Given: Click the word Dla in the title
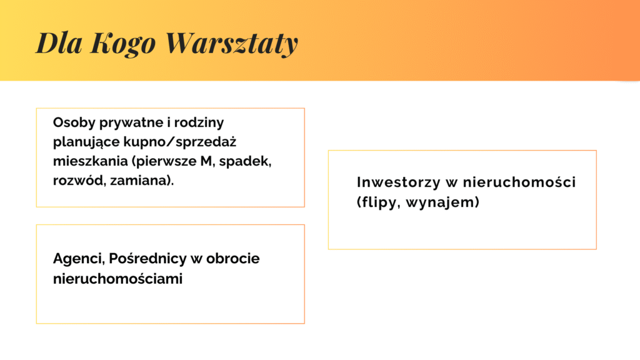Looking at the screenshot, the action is pyautogui.click(x=59, y=42).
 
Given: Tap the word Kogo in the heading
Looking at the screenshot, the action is pyautogui.click(x=123, y=44).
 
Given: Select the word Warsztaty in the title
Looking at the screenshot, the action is pyautogui.click(x=232, y=43).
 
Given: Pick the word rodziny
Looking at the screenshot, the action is pyautogui.click(x=199, y=122).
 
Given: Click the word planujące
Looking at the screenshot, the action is pyautogui.click(x=86, y=142).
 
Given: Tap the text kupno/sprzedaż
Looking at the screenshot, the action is pyautogui.click(x=179, y=142).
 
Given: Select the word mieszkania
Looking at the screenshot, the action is pyautogui.click(x=90, y=161).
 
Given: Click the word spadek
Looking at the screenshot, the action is pyautogui.click(x=245, y=161).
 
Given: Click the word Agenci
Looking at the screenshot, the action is pyautogui.click(x=79, y=258).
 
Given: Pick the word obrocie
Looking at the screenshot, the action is pyautogui.click(x=232, y=258).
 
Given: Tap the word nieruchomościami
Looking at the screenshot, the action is pyautogui.click(x=117, y=279).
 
